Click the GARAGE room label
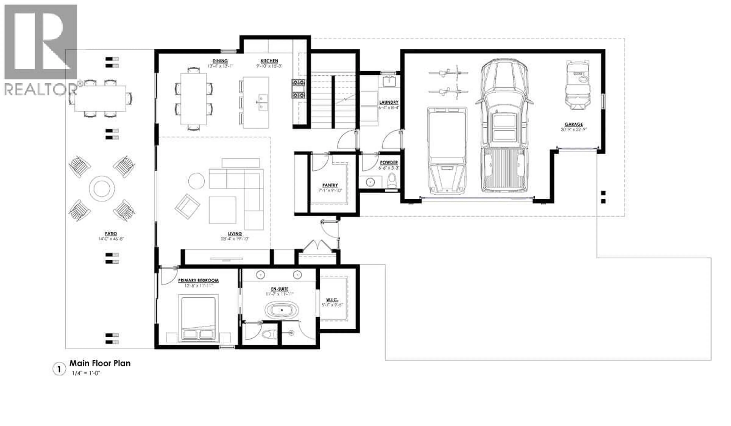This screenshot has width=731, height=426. (574, 124)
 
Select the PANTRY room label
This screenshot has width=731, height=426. (330, 185)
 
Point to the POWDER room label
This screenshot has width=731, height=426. (389, 162)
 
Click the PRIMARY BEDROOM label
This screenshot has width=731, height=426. (198, 281)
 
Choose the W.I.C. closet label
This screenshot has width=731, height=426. (332, 300)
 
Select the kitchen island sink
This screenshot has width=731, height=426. (263, 102)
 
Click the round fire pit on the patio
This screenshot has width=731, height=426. (101, 188)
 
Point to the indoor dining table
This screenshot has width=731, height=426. (193, 99)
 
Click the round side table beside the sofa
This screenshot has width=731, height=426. (196, 181)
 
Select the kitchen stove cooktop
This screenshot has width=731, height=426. (298, 89)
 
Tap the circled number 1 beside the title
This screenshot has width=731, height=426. (59, 370)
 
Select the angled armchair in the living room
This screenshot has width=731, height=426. (187, 206)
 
